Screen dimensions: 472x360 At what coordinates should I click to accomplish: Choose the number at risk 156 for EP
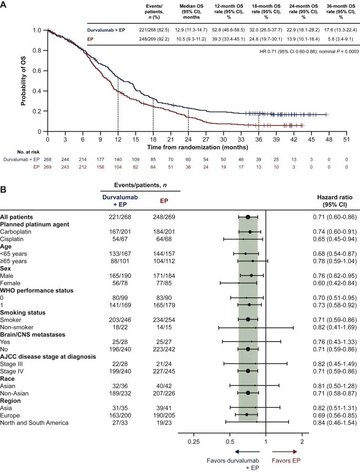100,167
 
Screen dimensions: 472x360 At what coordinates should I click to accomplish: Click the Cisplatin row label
14,239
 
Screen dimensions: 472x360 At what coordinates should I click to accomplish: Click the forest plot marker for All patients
248,216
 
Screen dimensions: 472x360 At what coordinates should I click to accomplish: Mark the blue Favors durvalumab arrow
247,451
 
